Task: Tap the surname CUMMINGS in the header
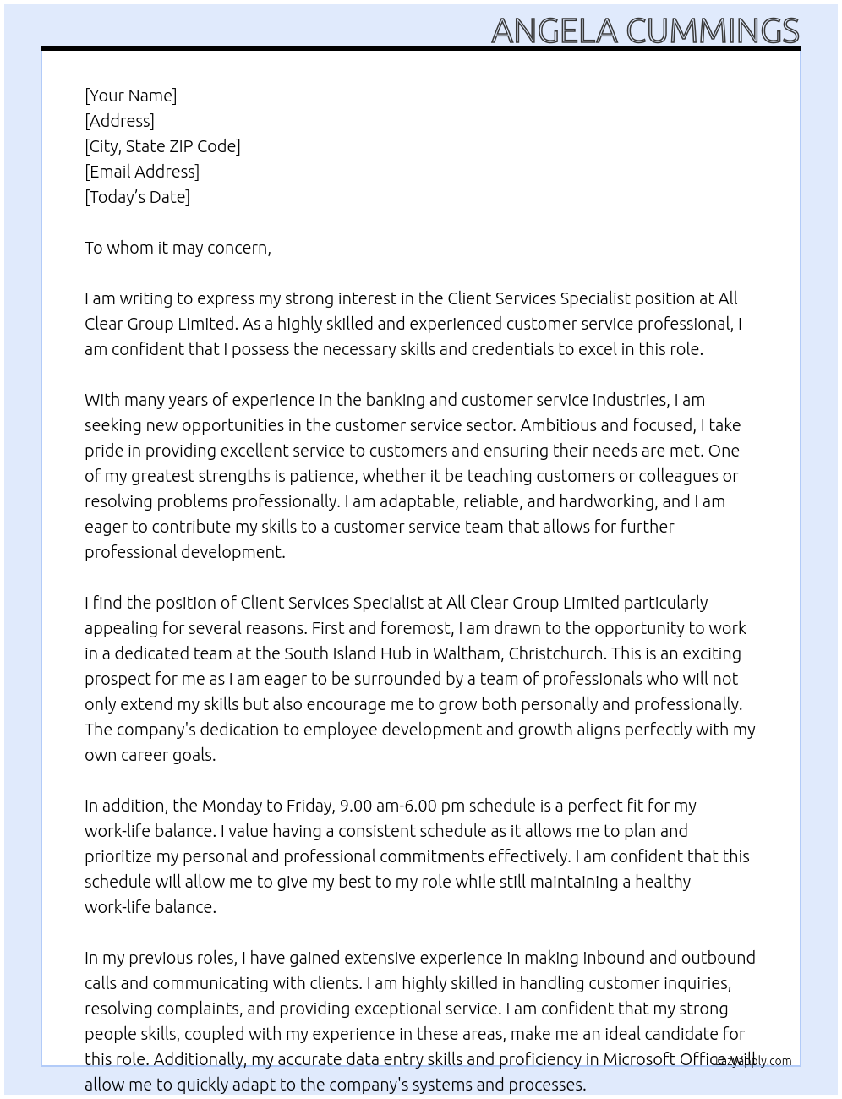point(712,30)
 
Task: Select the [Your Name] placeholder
point(131,96)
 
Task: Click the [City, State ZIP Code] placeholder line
point(162,146)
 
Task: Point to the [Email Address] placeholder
point(142,172)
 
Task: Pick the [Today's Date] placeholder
point(137,197)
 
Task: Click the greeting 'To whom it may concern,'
point(178,248)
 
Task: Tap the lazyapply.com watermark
point(754,1061)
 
